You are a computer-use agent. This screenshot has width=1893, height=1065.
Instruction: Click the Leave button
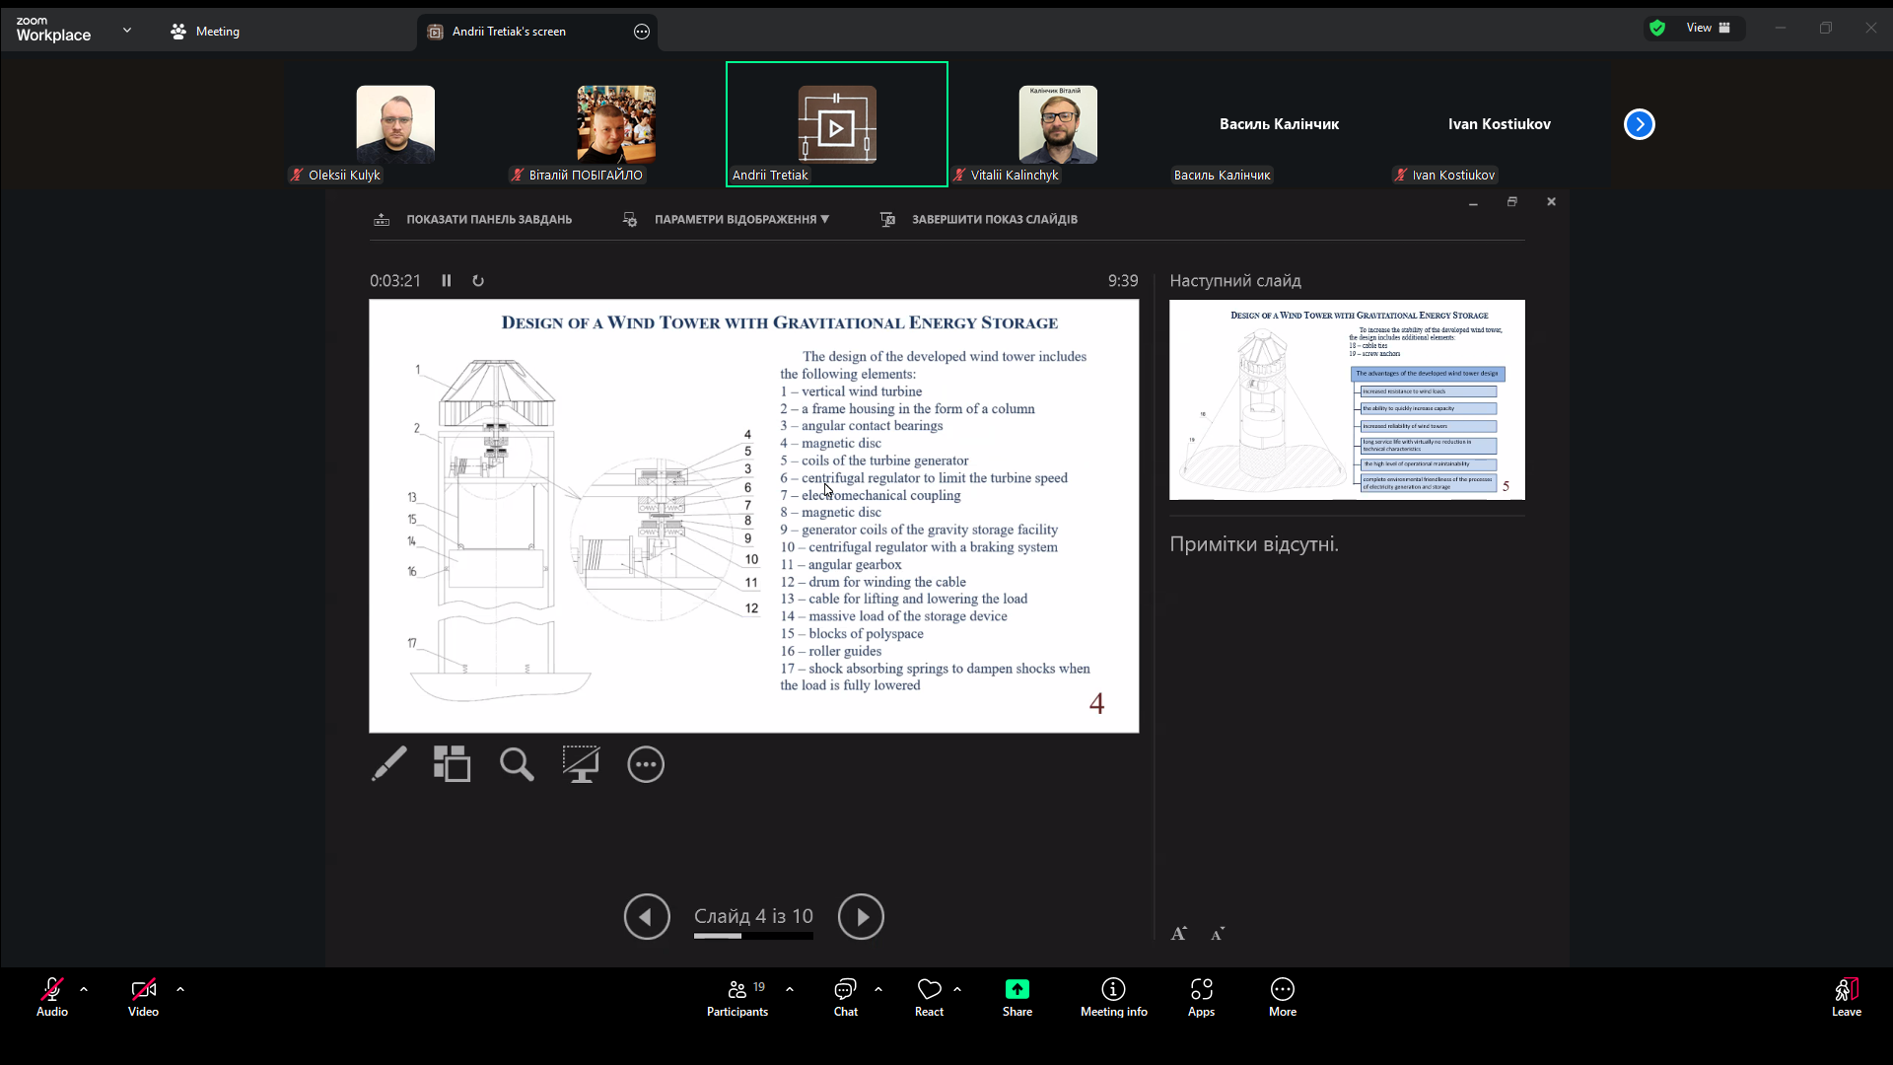pyautogui.click(x=1846, y=995)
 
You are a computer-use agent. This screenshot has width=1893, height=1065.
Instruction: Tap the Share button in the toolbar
pyautogui.click(x=1017, y=995)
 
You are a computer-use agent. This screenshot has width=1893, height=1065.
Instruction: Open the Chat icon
pyautogui.click(x=845, y=995)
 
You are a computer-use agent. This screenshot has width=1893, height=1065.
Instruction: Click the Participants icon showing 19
pyautogui.click(x=737, y=995)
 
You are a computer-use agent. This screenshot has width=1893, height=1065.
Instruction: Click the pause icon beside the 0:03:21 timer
pyautogui.click(x=447, y=281)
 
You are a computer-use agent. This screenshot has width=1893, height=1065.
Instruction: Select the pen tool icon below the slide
pyautogui.click(x=389, y=764)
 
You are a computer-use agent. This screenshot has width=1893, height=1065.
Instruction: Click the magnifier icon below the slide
pyautogui.click(x=517, y=764)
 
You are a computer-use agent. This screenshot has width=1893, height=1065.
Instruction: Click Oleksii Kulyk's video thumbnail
pyautogui.click(x=395, y=124)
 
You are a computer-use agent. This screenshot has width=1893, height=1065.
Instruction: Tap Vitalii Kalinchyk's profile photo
pyautogui.click(x=1057, y=124)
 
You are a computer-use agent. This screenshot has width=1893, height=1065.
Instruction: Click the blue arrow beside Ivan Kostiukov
pyautogui.click(x=1639, y=124)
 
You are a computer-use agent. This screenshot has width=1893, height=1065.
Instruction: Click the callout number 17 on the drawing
pyautogui.click(x=412, y=643)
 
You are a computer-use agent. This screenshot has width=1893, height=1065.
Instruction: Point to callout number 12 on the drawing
pyautogui.click(x=751, y=608)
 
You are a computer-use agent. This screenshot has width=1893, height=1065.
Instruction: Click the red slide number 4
pyautogui.click(x=1096, y=703)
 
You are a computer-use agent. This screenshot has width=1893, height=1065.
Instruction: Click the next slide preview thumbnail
pyautogui.click(x=1347, y=399)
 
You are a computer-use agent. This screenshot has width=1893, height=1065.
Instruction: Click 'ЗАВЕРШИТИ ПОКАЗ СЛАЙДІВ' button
pyautogui.click(x=993, y=220)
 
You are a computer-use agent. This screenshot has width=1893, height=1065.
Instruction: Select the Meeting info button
pyautogui.click(x=1113, y=995)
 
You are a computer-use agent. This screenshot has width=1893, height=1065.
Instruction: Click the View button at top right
pyautogui.click(x=1707, y=28)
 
